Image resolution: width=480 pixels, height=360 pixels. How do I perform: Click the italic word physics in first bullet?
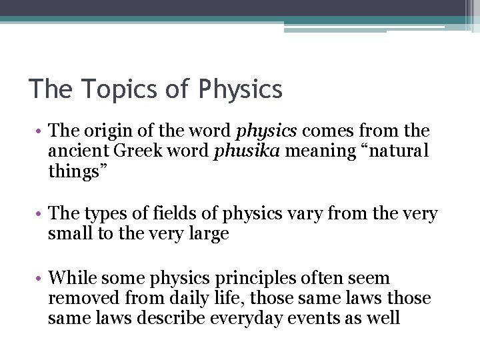pyautogui.click(x=259, y=131)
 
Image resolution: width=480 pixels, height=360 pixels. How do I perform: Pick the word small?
pyautogui.click(x=68, y=234)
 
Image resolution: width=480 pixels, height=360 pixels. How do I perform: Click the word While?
pyautogui.click(x=69, y=277)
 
